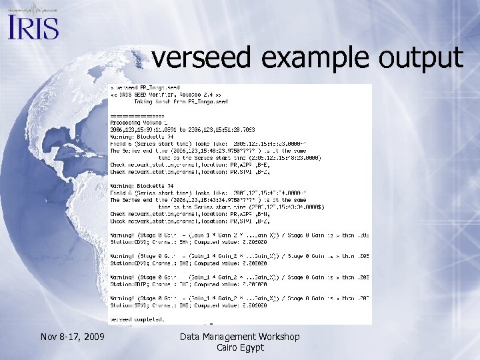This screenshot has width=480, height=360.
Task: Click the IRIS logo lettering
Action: tap(33, 27)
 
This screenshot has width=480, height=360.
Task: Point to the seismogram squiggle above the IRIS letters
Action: tap(33, 10)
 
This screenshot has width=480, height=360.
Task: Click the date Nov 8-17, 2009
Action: tap(72, 337)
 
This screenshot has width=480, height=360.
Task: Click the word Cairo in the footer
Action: tap(229, 348)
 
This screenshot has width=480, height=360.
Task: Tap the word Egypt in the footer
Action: tap(253, 348)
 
